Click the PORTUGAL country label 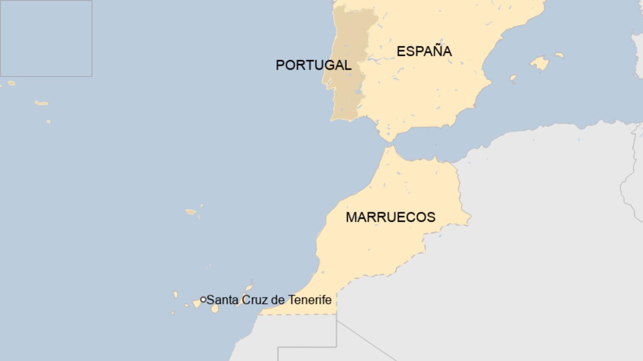click(313, 65)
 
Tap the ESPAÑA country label click(424, 52)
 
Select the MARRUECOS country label click(390, 217)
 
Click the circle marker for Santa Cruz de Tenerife click(203, 300)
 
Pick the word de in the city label click(278, 300)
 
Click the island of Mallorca click(539, 63)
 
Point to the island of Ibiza click(513, 78)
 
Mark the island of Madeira click(191, 212)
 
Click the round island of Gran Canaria click(215, 309)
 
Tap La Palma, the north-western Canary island click(176, 295)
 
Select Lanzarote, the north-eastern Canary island click(249, 286)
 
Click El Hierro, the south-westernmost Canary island click(173, 313)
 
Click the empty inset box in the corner click(46, 38)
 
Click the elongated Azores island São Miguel click(41, 103)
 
